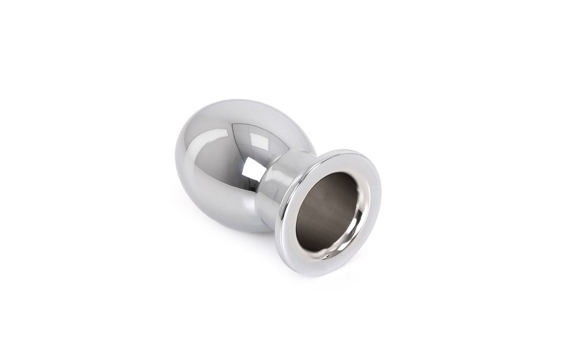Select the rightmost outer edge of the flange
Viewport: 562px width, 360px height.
380,191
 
